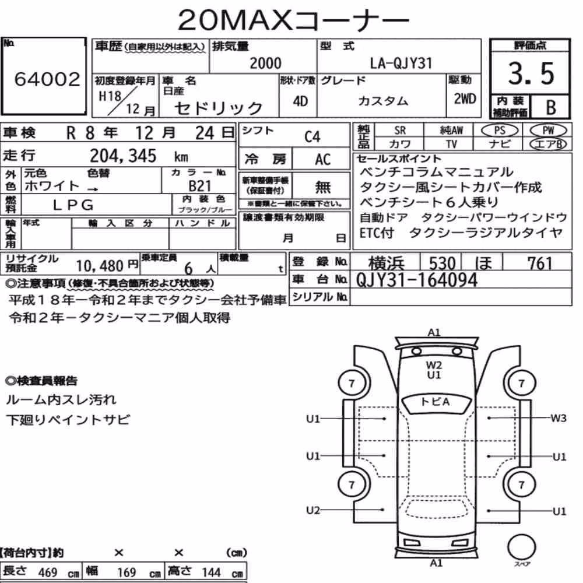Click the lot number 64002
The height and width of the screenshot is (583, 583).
coord(47,79)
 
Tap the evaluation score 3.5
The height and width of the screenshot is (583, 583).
coord(531,73)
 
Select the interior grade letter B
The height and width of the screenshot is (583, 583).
coord(551,107)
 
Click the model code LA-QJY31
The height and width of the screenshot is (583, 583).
coord(401,63)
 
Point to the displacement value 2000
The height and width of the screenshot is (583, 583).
coord(265,63)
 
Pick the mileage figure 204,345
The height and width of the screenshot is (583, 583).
coord(123,156)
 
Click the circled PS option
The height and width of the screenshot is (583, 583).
coord(500,131)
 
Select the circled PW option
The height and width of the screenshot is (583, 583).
coord(548,131)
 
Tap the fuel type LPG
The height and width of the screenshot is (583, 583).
coord(73,205)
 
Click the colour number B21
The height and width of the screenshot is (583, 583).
coord(199,186)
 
